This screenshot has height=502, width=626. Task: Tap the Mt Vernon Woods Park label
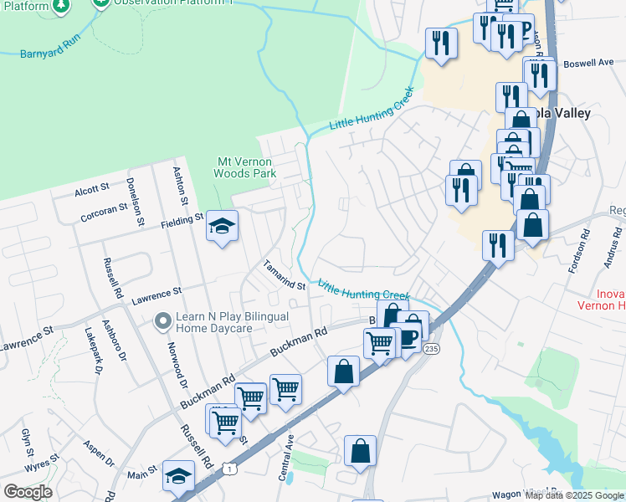pyautogui.click(x=247, y=167)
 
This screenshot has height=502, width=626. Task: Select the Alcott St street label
pyautogui.click(x=92, y=189)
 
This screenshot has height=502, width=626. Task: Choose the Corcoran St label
pyautogui.click(x=105, y=209)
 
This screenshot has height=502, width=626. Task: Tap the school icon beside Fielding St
pyautogui.click(x=223, y=226)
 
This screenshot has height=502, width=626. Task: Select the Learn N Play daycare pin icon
pyautogui.click(x=162, y=320)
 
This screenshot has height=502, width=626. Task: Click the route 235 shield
pyautogui.click(x=431, y=347)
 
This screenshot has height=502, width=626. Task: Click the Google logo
pyautogui.click(x=28, y=491)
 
